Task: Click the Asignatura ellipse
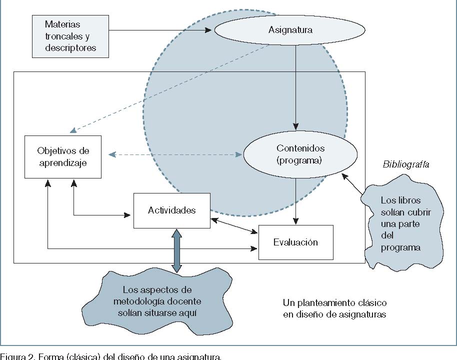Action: [290, 29]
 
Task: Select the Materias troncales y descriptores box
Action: [70, 36]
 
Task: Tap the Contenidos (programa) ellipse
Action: [300, 154]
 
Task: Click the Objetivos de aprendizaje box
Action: [63, 156]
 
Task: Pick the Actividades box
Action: [171, 210]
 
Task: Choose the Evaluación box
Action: [295, 242]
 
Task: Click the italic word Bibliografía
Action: [406, 164]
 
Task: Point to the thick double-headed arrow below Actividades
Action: [176, 250]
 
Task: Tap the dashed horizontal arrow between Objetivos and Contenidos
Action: [175, 154]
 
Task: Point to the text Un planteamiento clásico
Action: [334, 303]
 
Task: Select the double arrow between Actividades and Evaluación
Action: [234, 226]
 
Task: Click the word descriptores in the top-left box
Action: [70, 48]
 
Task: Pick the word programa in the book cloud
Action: [400, 247]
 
